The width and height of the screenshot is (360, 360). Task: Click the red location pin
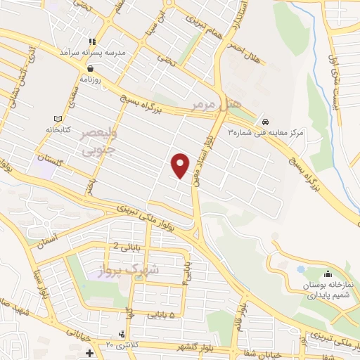pos(181,165)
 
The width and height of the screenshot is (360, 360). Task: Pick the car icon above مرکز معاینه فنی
pos(264,120)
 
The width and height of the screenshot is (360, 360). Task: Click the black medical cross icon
pos(89,352)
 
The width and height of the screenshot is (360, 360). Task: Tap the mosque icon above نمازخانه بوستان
pos(326,274)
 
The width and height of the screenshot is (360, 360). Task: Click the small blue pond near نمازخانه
pos(301,269)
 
